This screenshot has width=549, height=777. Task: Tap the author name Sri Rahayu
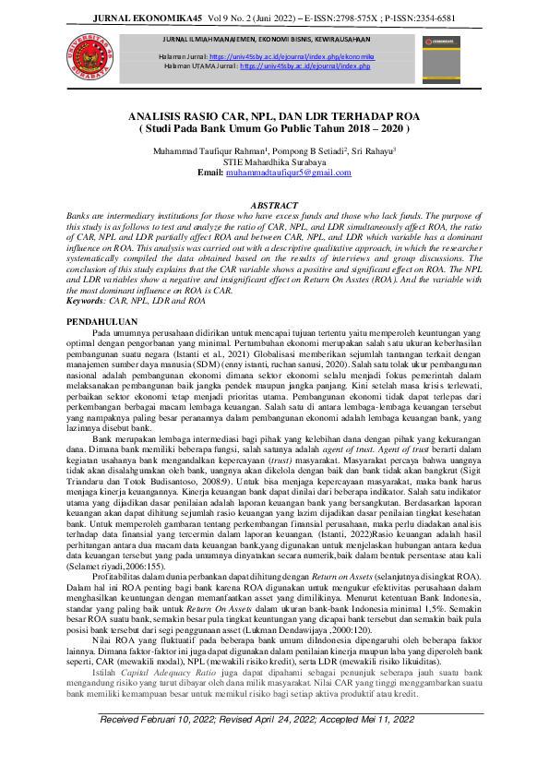[373, 149]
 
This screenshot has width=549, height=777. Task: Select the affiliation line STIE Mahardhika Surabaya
[274, 161]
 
